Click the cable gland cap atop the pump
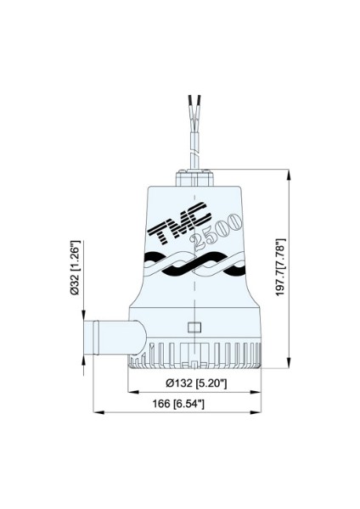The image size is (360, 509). tap(196, 179)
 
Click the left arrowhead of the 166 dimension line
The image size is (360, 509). tap(87, 412)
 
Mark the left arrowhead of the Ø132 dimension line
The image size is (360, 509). tap(130, 393)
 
